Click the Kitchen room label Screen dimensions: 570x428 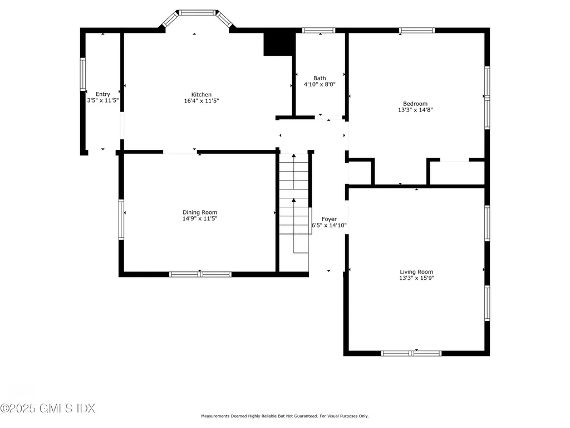tap(202, 95)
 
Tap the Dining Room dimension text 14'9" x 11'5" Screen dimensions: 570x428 tap(200, 218)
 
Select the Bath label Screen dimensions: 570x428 tap(320, 78)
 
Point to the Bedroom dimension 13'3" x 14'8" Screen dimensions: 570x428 tap(415, 110)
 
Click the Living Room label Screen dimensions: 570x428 tap(416, 272)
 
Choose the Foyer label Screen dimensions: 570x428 tap(329, 219)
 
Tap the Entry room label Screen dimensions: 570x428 tap(103, 94)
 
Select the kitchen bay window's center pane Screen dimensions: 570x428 tap(197, 13)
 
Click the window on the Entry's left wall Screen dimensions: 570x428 tap(83, 74)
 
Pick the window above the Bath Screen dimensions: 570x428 tap(318, 31)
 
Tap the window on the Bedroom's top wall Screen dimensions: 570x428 tap(416, 31)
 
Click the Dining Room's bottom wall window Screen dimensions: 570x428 tap(200, 274)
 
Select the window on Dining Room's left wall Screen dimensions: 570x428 tap(121, 220)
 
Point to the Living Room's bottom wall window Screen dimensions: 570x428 tap(411, 353)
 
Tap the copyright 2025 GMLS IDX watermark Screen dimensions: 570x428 tap(48, 408)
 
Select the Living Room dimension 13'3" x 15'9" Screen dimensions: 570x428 tap(416, 278)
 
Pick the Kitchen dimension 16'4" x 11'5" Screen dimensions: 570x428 tap(202, 101)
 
